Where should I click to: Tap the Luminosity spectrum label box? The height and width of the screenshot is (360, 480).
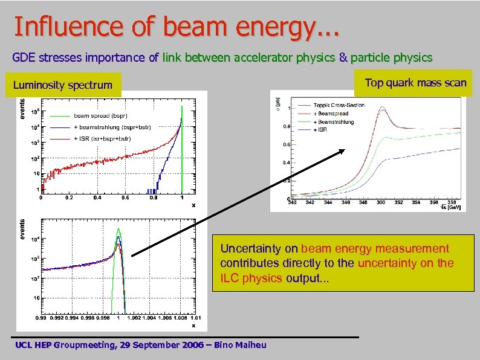pos(62,85)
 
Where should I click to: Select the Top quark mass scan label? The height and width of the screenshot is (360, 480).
pos(415,83)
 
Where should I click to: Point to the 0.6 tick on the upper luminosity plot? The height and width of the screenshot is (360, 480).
pos(125,198)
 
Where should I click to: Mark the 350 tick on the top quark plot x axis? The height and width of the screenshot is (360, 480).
pos(381,202)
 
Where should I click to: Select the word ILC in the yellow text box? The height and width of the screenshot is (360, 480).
pos(230,278)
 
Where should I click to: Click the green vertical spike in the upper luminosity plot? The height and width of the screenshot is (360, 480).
pos(182,145)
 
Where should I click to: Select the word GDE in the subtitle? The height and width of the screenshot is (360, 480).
pos(24,58)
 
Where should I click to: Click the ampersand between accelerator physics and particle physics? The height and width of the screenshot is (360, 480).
pos(343,58)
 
